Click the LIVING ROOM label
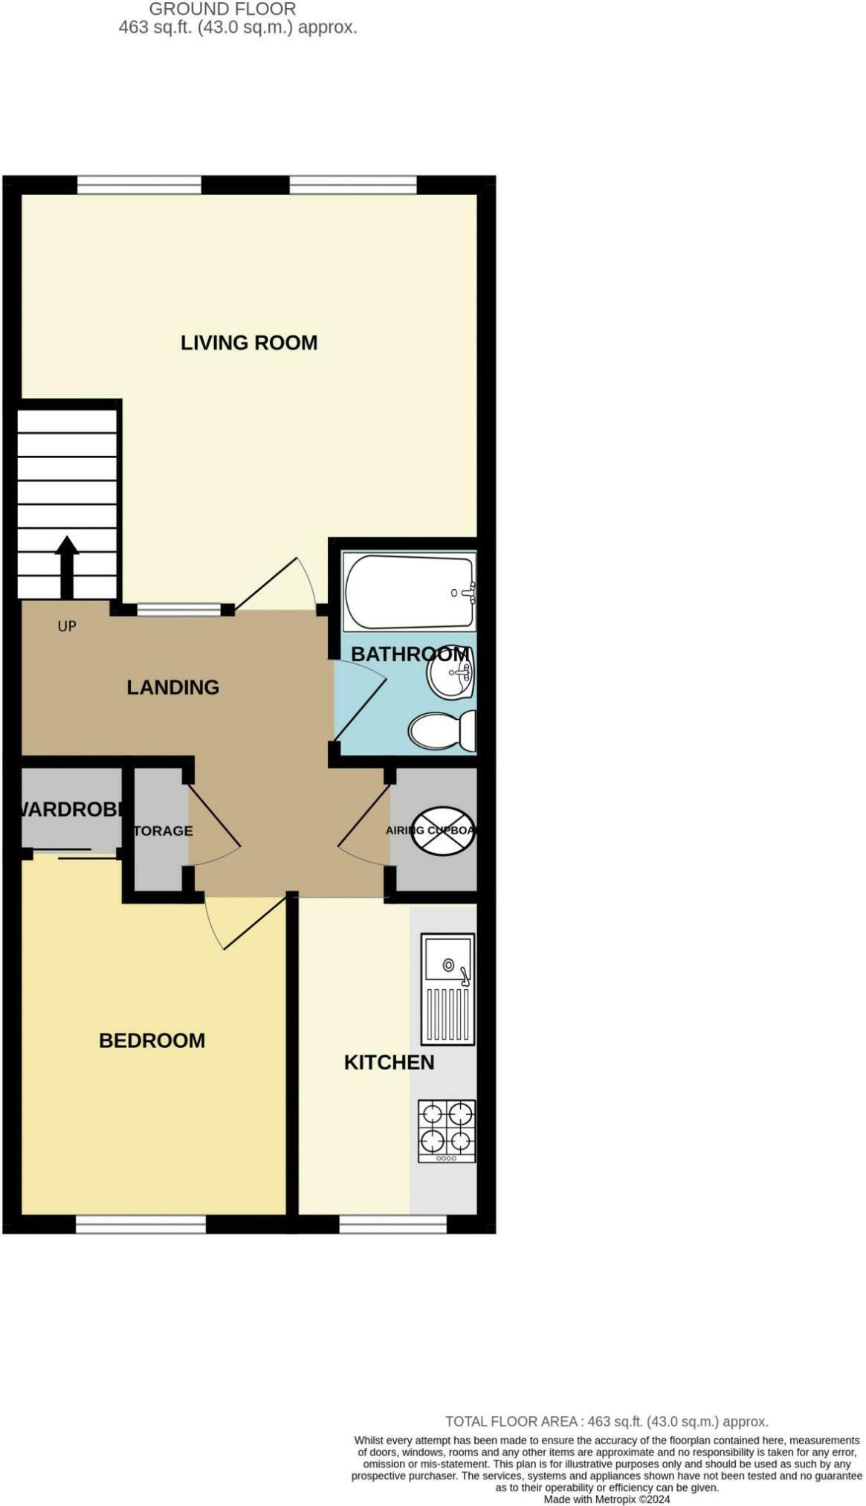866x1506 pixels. (248, 343)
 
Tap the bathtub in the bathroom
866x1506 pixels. (409, 592)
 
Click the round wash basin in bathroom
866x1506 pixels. (450, 672)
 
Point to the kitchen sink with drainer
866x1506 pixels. (447, 989)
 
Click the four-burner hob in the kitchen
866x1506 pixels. (447, 1130)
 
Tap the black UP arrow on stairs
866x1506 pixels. (67, 565)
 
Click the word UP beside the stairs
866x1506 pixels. (67, 626)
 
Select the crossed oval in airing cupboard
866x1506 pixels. (443, 831)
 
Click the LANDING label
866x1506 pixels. (172, 687)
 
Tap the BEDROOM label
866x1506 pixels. (152, 1040)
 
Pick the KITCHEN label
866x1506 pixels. (389, 1063)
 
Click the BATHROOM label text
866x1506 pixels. (409, 654)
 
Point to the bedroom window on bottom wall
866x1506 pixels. (140, 1225)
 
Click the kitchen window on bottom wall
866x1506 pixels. (392, 1225)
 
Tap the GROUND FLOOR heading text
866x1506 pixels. (222, 10)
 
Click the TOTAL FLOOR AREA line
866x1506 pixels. (606, 1421)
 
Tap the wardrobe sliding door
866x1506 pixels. (74, 852)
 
